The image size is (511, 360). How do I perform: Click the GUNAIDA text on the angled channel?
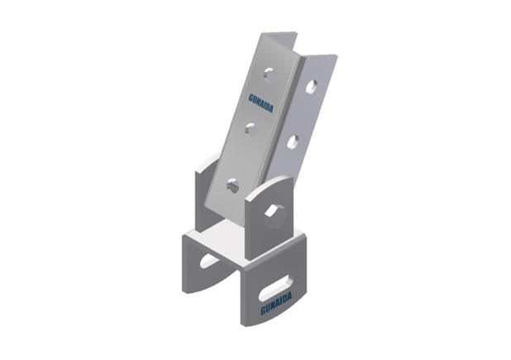(x=260, y=103)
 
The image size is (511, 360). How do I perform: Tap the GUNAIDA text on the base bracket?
(x=276, y=304)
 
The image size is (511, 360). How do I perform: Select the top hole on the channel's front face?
(x=269, y=75)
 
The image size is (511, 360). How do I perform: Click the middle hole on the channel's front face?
(x=251, y=130)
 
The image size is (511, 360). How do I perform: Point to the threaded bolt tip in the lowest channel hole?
(x=233, y=187)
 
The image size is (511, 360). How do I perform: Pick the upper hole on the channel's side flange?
(x=311, y=87)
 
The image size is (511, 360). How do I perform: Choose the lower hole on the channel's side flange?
(x=293, y=142)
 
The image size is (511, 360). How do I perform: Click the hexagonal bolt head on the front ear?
(x=275, y=217)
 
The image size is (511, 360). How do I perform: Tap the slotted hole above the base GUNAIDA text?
(x=275, y=288)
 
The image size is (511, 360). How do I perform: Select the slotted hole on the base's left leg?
(x=209, y=260)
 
